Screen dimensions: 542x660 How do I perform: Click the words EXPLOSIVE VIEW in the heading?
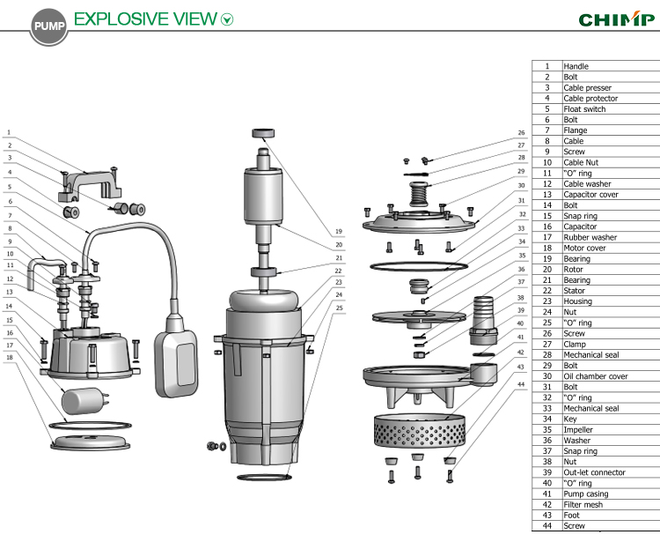(x=144, y=18)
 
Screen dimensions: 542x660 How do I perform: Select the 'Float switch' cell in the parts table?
(x=584, y=109)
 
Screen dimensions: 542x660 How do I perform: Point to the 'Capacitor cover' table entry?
(x=590, y=195)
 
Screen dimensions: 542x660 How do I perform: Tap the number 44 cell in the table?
(x=546, y=526)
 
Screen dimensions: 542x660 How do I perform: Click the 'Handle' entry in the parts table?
(x=576, y=66)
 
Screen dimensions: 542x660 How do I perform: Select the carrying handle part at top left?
(x=89, y=182)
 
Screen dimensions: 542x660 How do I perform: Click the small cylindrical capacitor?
(x=84, y=401)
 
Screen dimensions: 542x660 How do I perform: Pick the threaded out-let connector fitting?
(x=481, y=322)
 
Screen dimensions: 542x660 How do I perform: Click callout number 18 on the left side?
(x=10, y=357)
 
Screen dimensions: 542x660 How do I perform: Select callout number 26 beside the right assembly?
(x=521, y=134)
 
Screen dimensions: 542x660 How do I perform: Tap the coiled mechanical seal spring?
(x=420, y=190)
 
